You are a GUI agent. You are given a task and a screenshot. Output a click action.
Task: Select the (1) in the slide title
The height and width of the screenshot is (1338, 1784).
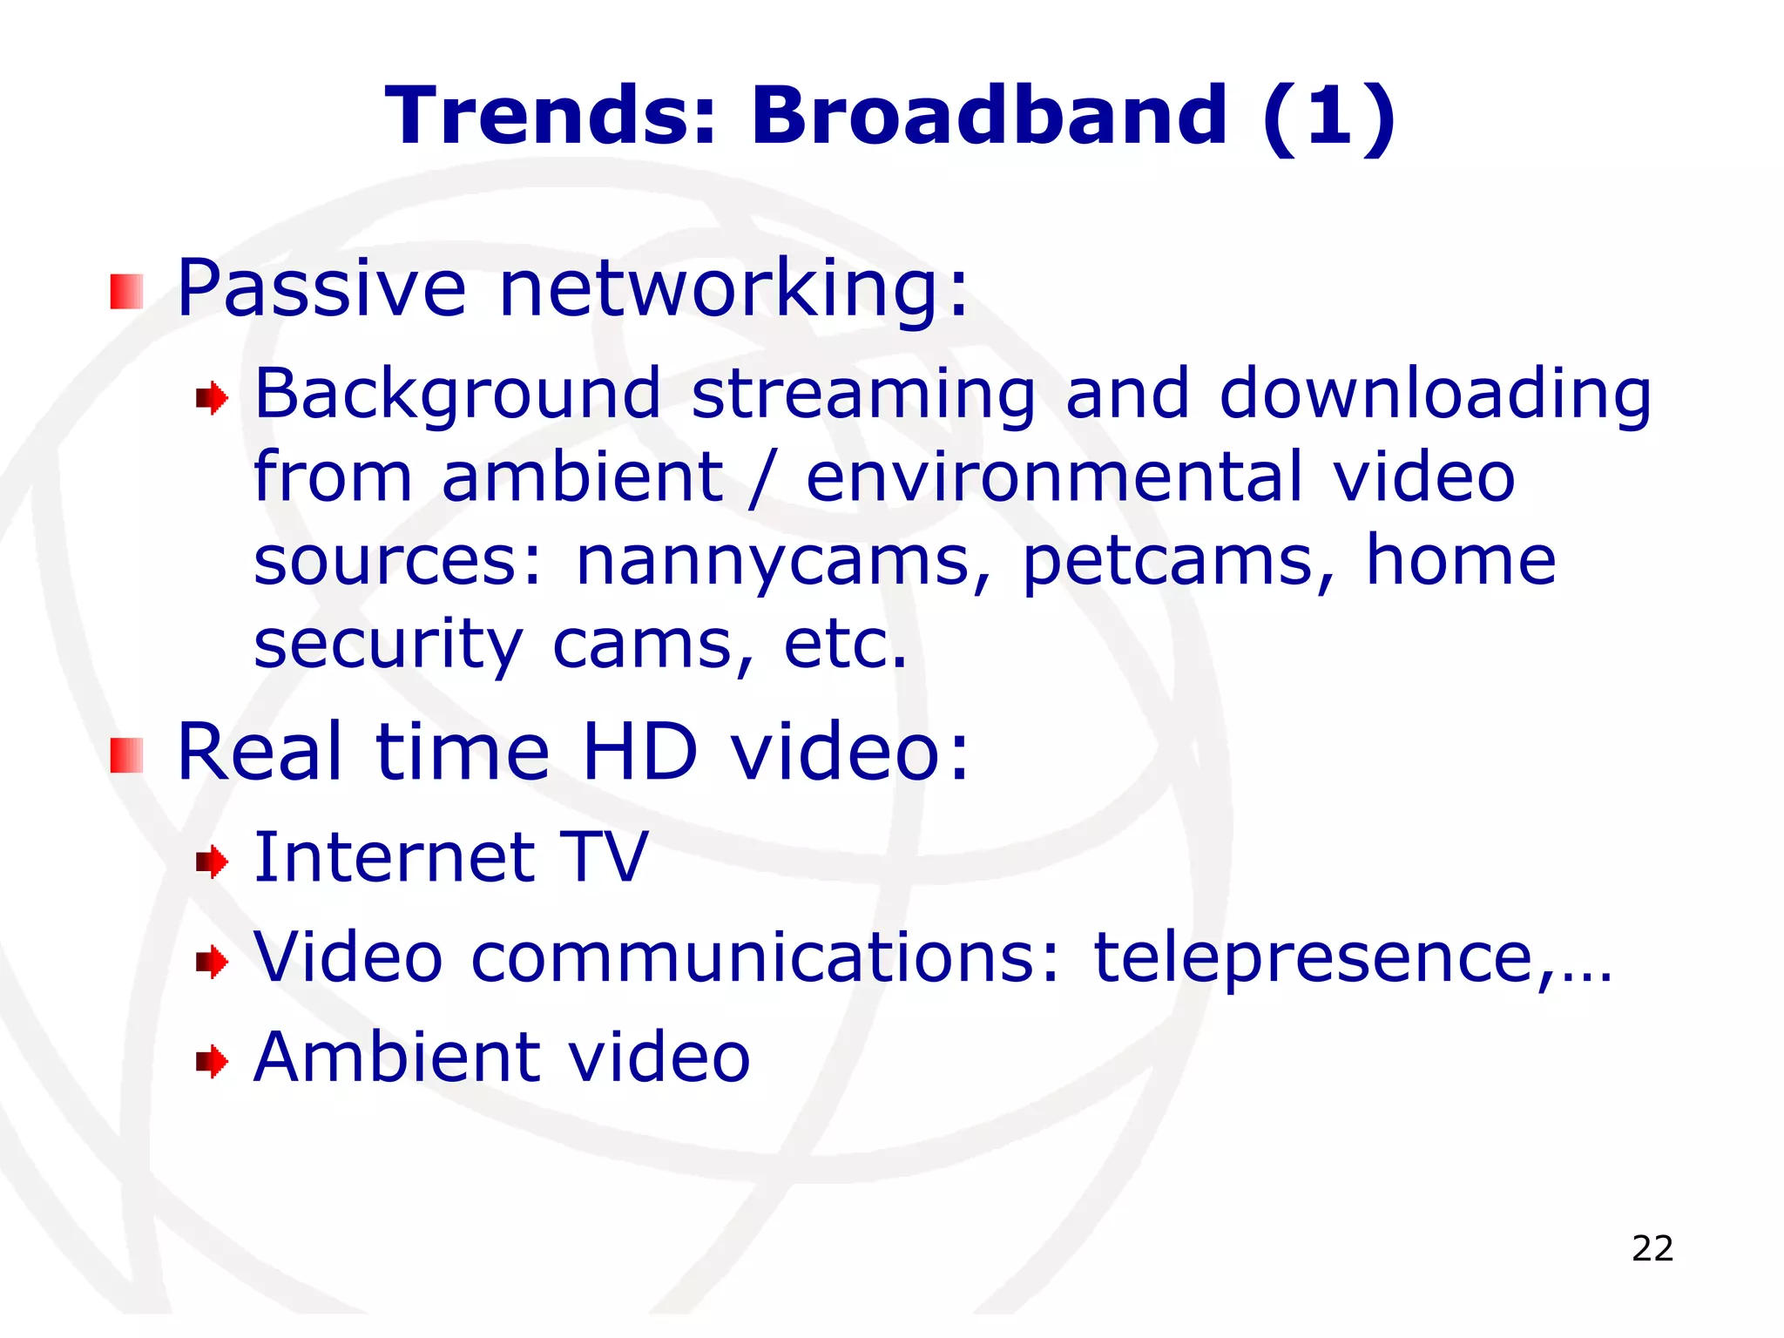coord(1329,117)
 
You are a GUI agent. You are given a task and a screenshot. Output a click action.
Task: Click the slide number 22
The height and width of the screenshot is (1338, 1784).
coord(1652,1248)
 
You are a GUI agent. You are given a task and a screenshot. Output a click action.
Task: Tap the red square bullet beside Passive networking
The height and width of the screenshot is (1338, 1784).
coord(126,292)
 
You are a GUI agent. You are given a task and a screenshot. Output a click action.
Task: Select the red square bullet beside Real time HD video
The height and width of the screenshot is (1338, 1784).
coord(126,755)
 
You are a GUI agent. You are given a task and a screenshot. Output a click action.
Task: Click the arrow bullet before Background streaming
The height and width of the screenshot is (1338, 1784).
coord(212,399)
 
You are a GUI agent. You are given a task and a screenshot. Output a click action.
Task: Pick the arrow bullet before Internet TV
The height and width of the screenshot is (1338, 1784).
coord(212,862)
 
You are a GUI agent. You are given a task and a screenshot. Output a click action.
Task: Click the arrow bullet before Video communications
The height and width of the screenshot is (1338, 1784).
coord(212,963)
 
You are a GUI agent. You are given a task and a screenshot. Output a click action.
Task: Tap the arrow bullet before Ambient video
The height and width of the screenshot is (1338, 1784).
coord(212,1062)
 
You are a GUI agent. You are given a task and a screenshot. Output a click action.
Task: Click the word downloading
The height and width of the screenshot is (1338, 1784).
coord(1435,395)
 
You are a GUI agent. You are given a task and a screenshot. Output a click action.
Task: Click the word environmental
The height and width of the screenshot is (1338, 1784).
coord(1055,476)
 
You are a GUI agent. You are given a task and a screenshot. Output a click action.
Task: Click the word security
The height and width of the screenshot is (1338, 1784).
coord(389,645)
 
